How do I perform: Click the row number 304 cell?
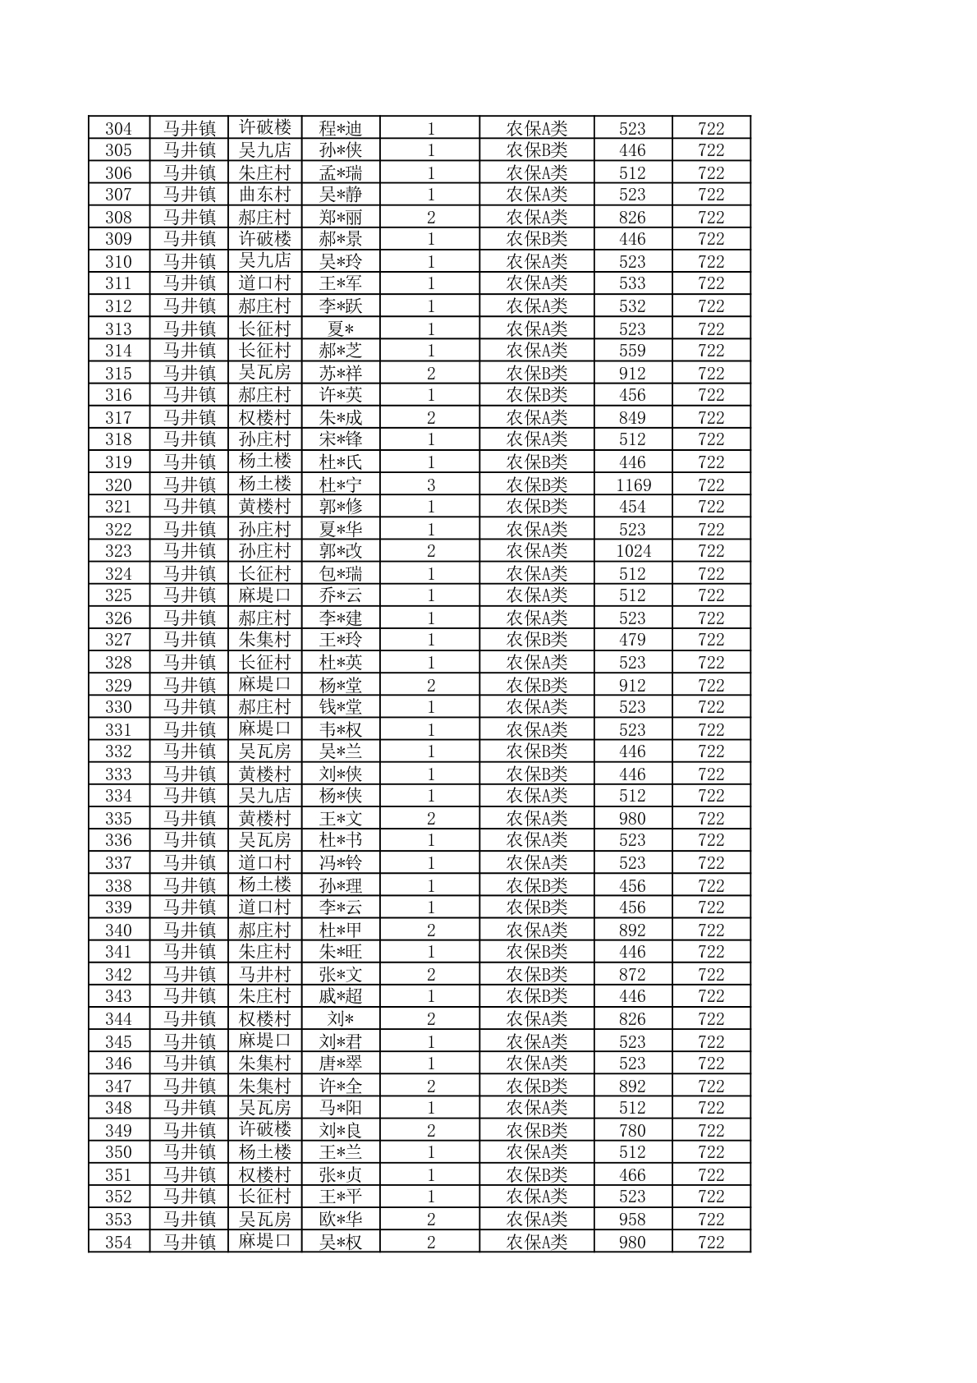(118, 128)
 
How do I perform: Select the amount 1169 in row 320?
(632, 485)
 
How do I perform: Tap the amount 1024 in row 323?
(632, 551)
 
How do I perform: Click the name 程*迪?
(340, 128)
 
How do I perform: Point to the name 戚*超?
(340, 996)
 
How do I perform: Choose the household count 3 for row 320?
(431, 485)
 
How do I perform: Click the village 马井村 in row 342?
(264, 974)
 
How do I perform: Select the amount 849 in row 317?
(632, 418)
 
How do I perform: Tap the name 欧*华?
(340, 1220)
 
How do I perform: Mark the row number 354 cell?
(118, 1242)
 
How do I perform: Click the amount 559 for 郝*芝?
(632, 351)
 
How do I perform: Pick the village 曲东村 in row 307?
(264, 195)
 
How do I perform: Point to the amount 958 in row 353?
(632, 1220)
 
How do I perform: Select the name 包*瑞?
(340, 573)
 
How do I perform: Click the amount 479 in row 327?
(632, 640)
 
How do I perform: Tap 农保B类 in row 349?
(536, 1130)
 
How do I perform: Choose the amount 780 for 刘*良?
(632, 1130)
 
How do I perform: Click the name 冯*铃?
(340, 862)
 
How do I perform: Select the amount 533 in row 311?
(632, 283)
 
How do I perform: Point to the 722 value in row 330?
(711, 707)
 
